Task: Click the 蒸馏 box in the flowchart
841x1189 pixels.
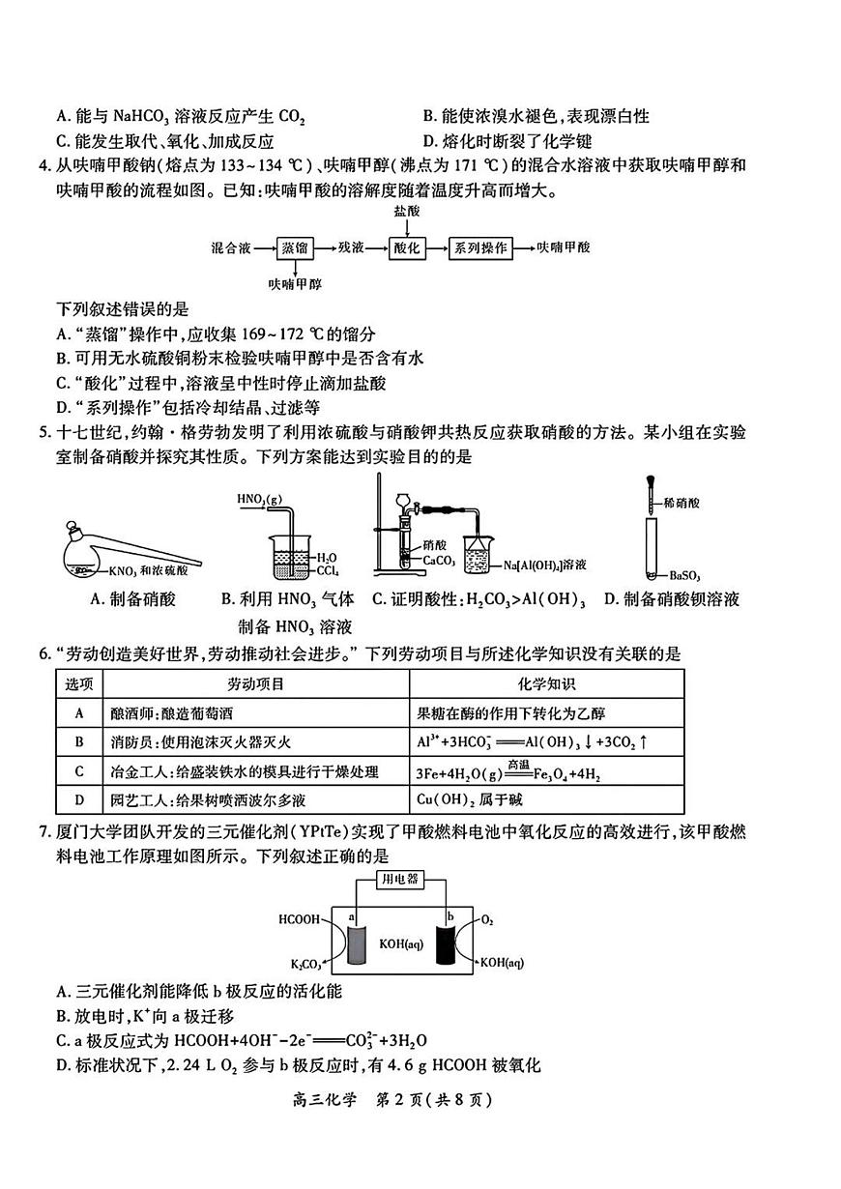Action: click(x=296, y=247)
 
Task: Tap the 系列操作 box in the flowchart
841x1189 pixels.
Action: click(x=480, y=247)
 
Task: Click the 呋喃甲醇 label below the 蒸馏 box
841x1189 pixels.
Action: click(x=296, y=284)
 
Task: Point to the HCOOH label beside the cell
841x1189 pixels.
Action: click(x=299, y=919)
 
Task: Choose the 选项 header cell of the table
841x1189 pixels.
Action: click(x=78, y=684)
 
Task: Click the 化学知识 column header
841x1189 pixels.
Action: click(x=546, y=684)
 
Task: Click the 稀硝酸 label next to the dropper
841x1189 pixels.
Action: click(x=682, y=504)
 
